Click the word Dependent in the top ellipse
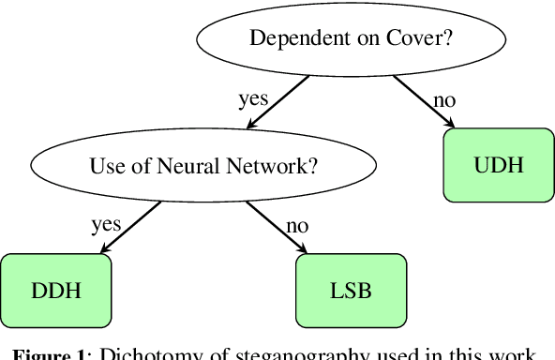tap(290, 38)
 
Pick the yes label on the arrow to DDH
tap(105, 225)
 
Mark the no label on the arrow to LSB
tap(295, 225)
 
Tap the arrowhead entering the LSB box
tap(304, 249)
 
